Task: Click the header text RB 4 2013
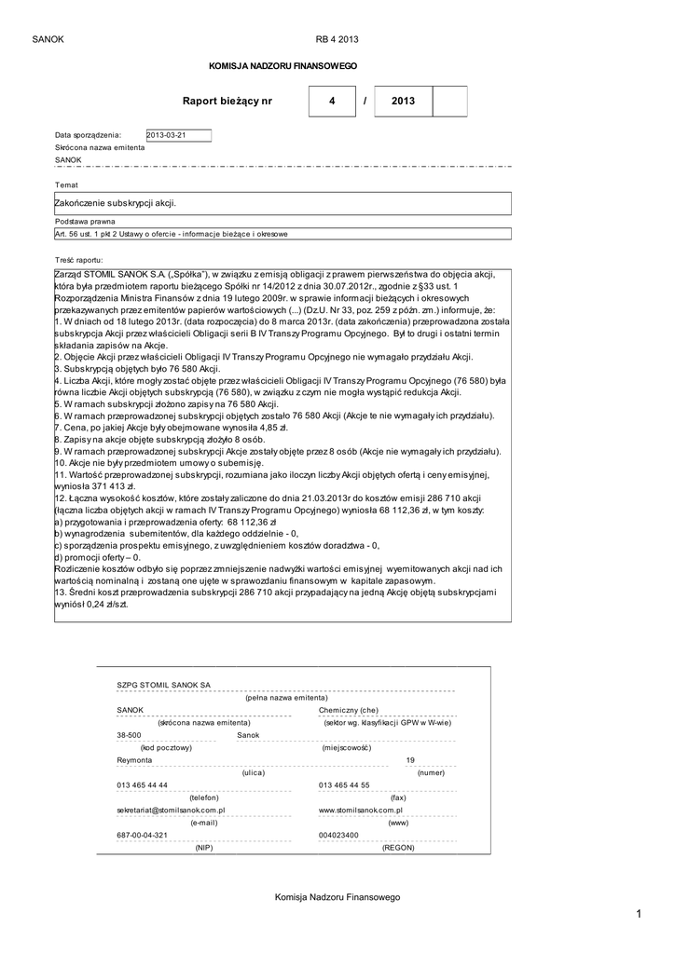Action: [x=337, y=39]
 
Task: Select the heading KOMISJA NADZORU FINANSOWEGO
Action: [x=282, y=67]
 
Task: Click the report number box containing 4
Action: [x=331, y=101]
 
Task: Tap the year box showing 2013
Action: [x=403, y=101]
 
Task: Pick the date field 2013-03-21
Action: [x=178, y=134]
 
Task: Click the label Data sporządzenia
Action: [x=88, y=135]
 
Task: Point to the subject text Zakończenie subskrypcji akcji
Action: [x=117, y=201]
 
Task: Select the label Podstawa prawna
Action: [x=85, y=222]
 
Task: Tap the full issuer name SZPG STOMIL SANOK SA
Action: [x=163, y=685]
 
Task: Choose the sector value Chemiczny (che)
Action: [x=348, y=710]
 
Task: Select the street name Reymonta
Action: [x=134, y=760]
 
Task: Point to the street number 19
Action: [x=410, y=760]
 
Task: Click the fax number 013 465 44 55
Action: [x=344, y=785]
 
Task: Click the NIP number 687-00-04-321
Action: [x=142, y=836]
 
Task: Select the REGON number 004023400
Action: [x=337, y=836]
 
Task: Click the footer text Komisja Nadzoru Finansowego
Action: [x=337, y=896]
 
